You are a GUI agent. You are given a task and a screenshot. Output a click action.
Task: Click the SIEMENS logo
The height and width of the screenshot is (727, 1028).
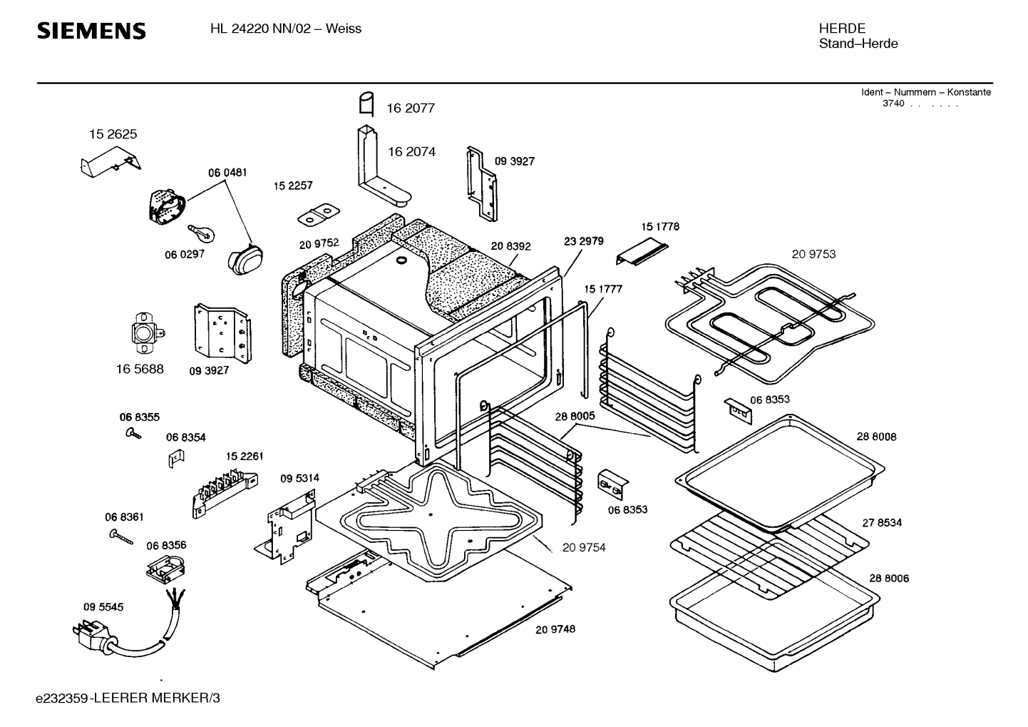(x=91, y=31)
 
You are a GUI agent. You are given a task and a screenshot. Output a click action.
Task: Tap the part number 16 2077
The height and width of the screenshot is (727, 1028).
(x=410, y=108)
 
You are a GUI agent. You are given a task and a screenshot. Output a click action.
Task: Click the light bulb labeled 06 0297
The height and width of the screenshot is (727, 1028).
(x=199, y=231)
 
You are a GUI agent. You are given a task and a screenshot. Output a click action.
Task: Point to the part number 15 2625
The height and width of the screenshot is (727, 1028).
(x=113, y=134)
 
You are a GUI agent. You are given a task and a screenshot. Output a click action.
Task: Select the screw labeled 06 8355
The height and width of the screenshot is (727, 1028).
(x=132, y=432)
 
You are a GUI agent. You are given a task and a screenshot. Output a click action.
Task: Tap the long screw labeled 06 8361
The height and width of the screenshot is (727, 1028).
(x=121, y=535)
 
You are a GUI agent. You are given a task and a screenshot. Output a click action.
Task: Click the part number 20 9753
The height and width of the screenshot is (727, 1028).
(x=813, y=254)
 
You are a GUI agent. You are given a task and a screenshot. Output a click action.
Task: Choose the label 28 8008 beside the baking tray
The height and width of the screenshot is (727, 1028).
(x=876, y=437)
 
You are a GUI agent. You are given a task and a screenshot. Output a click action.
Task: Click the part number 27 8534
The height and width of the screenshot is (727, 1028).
(x=882, y=523)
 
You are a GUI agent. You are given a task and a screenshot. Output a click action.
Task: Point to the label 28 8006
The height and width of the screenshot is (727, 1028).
(x=889, y=579)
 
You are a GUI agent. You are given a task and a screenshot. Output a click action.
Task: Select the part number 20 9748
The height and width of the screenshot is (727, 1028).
(x=555, y=629)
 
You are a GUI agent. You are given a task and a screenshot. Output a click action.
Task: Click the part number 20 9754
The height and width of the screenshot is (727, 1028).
(x=583, y=547)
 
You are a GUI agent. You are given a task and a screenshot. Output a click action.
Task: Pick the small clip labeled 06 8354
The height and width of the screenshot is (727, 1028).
(x=172, y=459)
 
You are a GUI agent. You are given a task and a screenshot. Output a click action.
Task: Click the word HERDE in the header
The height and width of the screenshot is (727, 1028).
(x=842, y=29)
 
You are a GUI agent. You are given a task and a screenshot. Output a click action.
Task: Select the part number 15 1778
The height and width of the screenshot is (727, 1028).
(x=660, y=227)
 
